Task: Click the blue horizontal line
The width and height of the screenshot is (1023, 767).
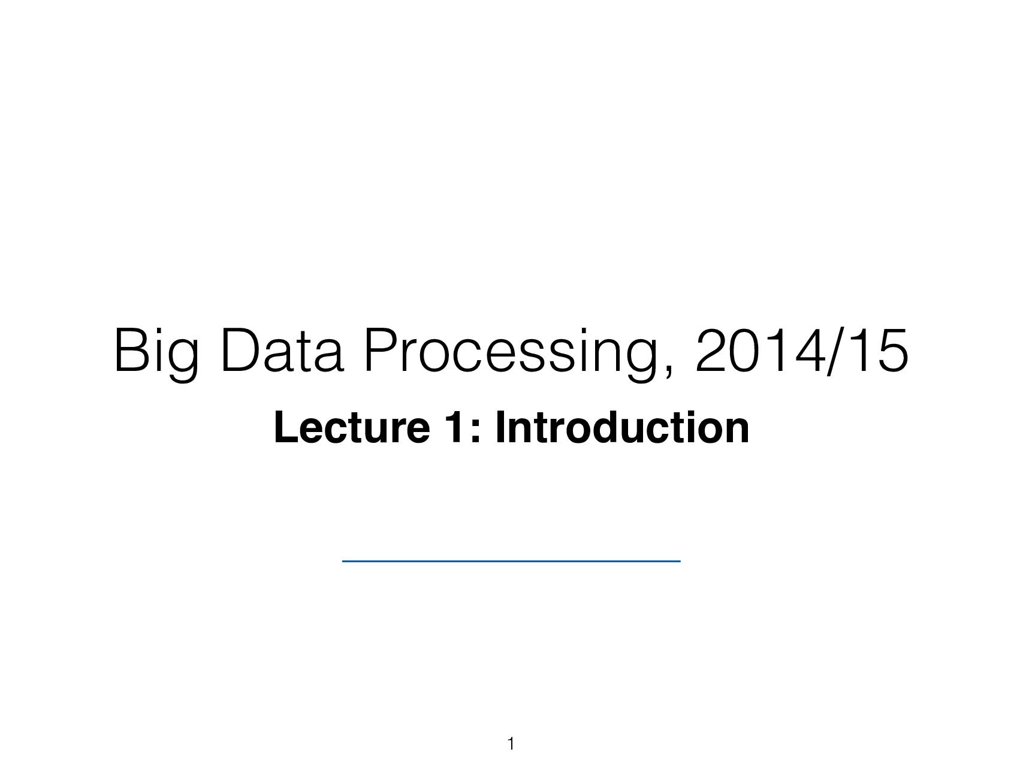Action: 511,560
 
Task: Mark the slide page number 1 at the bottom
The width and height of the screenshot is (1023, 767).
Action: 511,744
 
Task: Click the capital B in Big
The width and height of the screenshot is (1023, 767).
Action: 128,352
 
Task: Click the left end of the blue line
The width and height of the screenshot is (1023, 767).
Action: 344,560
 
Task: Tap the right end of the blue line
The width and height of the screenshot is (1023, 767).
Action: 679,560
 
